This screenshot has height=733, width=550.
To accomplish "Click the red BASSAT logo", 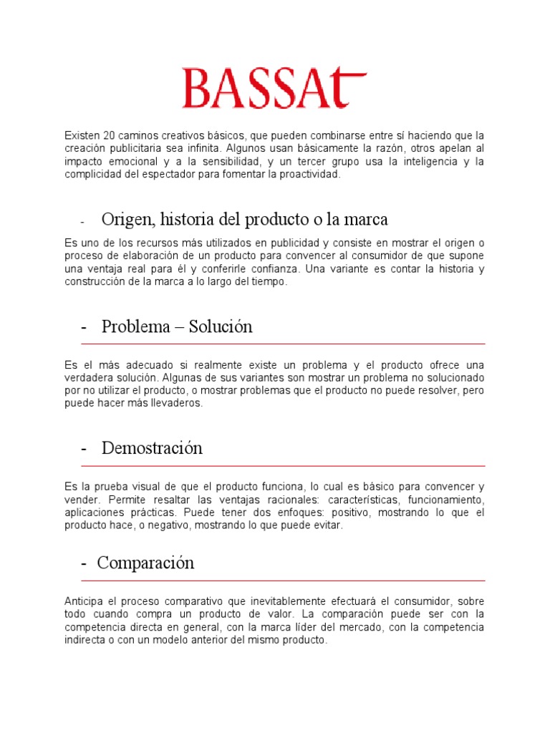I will (274, 89).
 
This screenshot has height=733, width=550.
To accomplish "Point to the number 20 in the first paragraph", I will (110, 135).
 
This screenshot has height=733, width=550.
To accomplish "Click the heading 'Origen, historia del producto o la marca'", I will (244, 218).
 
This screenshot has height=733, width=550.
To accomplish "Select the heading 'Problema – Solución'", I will (177, 327).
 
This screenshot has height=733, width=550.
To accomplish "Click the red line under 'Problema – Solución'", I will (283, 344).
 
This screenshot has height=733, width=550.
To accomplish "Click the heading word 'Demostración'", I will (152, 448).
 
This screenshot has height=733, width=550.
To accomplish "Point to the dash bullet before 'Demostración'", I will (85, 449).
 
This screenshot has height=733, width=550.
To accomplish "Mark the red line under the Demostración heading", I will (283, 466).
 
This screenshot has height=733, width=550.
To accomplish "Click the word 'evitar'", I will (328, 525).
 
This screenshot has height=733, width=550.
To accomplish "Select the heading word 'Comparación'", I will (146, 563).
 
